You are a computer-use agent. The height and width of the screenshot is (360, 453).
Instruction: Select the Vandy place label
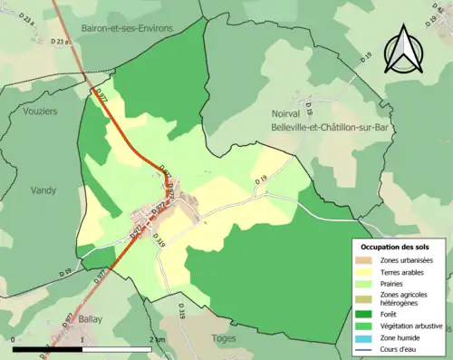click(43, 190)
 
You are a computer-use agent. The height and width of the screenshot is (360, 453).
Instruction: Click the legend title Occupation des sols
click(395, 247)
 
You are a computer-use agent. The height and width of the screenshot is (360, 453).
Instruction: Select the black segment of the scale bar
click(48, 349)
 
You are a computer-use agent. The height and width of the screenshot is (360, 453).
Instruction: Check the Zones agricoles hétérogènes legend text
click(404, 297)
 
